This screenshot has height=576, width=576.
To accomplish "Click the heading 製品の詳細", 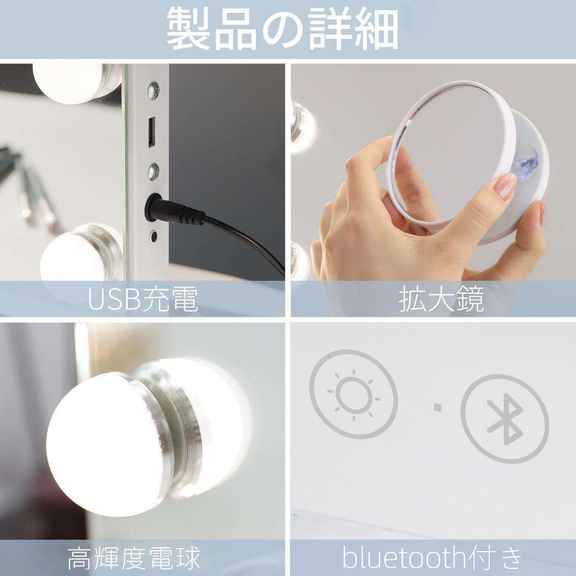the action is click(283, 29).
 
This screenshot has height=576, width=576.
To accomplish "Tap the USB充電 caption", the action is click(143, 299).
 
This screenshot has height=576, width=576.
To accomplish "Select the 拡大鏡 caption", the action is click(441, 299).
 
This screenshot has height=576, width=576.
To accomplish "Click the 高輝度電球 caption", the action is click(134, 558).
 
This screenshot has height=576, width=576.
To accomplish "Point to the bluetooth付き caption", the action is click(432, 558).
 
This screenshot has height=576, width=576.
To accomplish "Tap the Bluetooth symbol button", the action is click(505, 419).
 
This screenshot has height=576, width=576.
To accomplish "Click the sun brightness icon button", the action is click(353, 394).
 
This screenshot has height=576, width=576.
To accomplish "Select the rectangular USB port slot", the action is click(152, 132).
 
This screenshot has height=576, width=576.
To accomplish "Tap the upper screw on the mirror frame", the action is click(153, 90).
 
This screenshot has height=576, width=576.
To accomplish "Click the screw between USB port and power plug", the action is click(153, 172).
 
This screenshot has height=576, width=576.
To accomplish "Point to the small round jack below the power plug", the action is click(154, 235).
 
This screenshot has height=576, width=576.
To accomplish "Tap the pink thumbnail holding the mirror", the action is click(505, 186).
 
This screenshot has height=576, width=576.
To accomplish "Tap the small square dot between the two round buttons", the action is click(437, 406).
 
